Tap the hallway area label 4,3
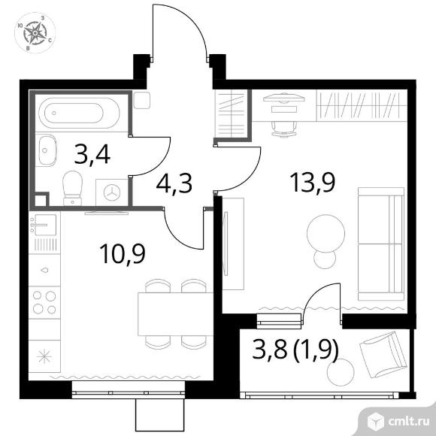pos(174,184)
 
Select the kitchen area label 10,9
pos(123,253)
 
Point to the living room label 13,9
pos(313,182)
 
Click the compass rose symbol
pos(35,33)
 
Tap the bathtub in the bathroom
pos(79,113)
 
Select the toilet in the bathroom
pos(73,188)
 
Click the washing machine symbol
pos(112,192)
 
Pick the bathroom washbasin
pos(47,150)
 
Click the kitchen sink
pos(44,225)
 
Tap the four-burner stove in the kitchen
pos(44,302)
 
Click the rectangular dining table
pos(175,314)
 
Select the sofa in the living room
pos(380,244)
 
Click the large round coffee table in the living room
pos(326,233)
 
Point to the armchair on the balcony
pos(383,355)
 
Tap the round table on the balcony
pos(341,372)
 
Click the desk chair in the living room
pos(284,129)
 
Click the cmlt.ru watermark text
pos(408,422)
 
